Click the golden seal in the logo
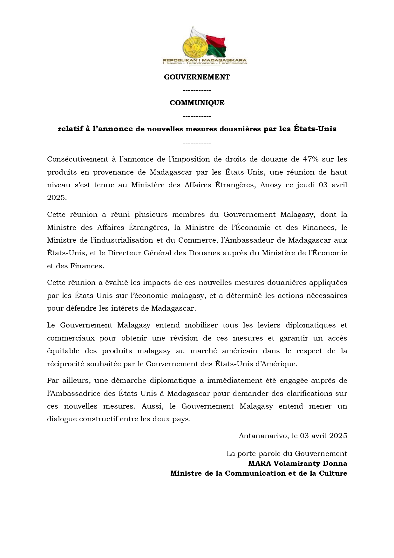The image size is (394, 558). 194,46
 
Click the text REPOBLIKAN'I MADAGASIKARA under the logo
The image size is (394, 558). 205,60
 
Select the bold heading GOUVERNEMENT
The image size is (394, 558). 197,77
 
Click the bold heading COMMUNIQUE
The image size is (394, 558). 197,103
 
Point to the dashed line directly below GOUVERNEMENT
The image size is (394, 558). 197,91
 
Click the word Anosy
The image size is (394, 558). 271,185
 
